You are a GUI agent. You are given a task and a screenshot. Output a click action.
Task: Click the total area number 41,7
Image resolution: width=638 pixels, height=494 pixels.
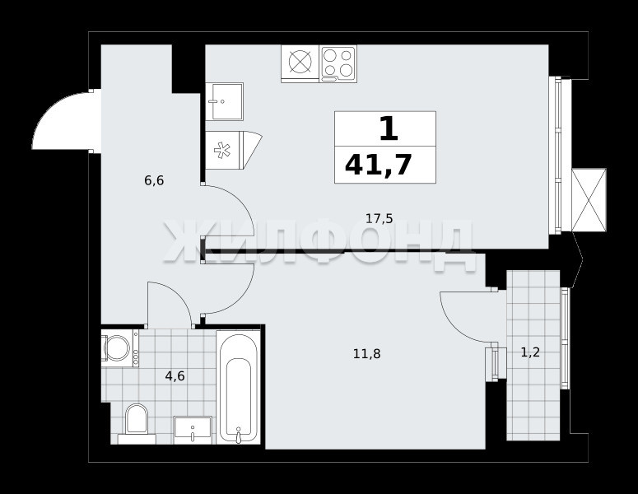point(379,165)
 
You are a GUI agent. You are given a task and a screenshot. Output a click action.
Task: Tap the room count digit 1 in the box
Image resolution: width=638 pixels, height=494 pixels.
point(389,128)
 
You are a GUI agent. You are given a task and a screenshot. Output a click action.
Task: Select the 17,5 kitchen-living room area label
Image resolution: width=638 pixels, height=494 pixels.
point(380,219)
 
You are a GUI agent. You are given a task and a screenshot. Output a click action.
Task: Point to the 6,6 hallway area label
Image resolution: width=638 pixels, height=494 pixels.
point(154,180)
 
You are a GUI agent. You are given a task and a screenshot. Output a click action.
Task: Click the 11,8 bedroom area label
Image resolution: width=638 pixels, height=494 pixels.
point(367,354)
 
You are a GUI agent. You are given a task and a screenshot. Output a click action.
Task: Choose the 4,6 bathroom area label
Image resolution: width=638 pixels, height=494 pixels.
point(175,376)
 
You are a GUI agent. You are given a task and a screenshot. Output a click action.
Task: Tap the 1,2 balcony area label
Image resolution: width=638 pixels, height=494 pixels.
point(531,352)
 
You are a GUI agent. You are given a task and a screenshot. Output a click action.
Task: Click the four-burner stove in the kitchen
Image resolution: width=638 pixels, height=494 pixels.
point(338,63)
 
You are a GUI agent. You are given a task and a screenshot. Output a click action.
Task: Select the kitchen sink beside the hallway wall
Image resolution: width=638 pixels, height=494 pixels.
point(224,101)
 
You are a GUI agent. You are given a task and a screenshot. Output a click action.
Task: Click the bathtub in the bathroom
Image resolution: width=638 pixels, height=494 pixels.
point(238,387)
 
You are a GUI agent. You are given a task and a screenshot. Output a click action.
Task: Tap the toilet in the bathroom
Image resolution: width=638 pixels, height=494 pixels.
point(136,423)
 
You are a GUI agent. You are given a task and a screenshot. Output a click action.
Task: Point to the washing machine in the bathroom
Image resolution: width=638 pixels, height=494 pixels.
point(120,348)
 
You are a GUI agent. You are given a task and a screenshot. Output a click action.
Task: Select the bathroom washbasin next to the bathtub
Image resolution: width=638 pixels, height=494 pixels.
point(193,430)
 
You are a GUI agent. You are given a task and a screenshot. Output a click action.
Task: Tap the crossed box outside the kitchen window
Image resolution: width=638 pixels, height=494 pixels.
point(589,200)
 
